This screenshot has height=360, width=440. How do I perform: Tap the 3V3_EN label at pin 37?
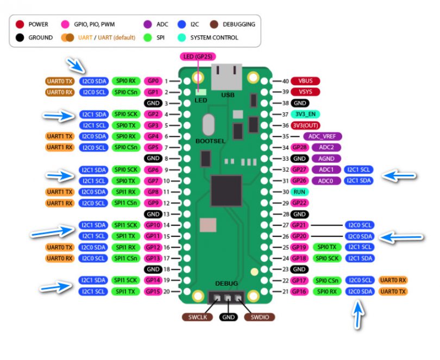[x=304, y=114]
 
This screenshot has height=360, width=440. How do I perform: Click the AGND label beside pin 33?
[x=326, y=159]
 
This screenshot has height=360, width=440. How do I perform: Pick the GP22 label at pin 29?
[x=300, y=203]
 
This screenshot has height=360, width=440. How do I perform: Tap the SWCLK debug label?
[x=197, y=317]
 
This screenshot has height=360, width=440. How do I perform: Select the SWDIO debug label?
[x=259, y=317]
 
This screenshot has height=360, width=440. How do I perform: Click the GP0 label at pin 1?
[x=153, y=81]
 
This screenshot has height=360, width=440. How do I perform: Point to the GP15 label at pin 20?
[x=153, y=292]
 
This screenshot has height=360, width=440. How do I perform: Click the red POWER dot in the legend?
[x=20, y=24]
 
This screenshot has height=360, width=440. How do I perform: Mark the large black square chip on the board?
[x=225, y=191]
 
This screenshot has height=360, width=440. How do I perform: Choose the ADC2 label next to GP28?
[x=326, y=147]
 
